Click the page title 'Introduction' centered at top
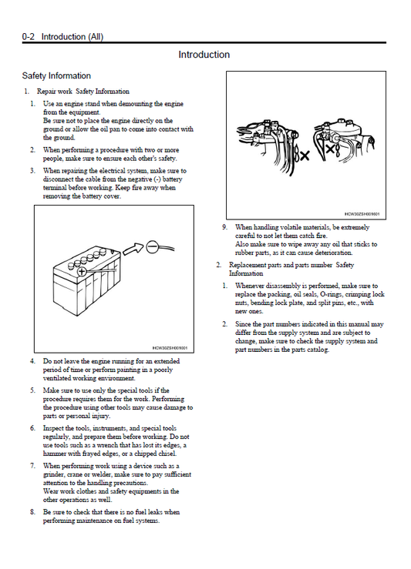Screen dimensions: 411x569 204,55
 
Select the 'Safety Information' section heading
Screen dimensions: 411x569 56,76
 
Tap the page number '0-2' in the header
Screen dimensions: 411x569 29,37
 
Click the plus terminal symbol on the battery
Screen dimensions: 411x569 82,272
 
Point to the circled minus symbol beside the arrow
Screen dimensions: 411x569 151,246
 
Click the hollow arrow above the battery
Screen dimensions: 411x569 133,249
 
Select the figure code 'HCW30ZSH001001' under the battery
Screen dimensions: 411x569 170,348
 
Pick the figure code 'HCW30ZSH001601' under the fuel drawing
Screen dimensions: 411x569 362,215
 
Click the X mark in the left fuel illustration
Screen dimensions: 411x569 304,156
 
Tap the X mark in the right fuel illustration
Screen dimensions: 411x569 330,149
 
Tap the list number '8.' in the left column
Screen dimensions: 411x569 32,512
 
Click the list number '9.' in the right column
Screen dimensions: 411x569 225,228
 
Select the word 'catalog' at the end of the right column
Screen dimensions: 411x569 318,350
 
